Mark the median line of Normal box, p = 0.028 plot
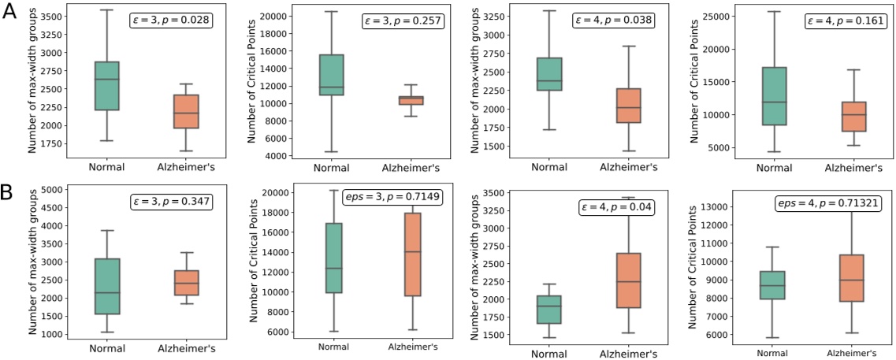coord(102,80)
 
